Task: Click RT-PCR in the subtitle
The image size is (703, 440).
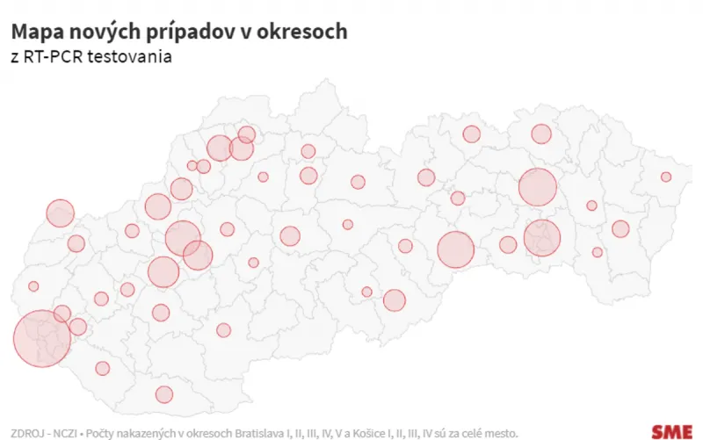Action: click(54, 57)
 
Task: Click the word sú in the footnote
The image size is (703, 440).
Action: click(436, 433)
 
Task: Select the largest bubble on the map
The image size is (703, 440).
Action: click(41, 338)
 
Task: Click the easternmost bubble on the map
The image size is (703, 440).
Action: click(666, 177)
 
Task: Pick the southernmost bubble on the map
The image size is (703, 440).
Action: click(164, 394)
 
